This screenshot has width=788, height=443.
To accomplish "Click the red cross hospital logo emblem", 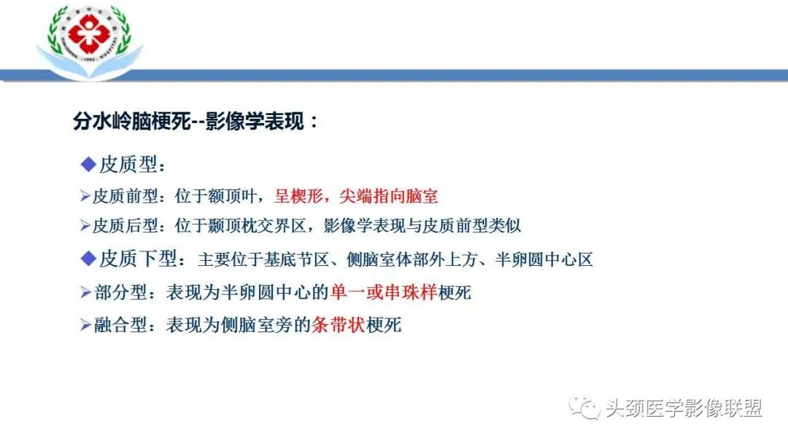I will click(90, 33).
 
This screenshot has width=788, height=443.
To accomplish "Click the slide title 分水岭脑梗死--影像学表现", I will click(196, 122).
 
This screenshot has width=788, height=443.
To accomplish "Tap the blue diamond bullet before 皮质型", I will click(88, 165).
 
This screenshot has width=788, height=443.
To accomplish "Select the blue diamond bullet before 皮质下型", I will click(88, 259).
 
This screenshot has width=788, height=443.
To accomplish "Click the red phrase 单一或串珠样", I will click(383, 293).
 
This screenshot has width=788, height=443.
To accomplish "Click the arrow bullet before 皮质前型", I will click(85, 197).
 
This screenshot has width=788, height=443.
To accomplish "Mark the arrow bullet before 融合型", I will click(85, 326).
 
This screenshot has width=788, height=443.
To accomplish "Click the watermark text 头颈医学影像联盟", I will click(684, 409).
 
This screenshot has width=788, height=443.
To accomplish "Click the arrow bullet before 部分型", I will click(85, 293).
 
